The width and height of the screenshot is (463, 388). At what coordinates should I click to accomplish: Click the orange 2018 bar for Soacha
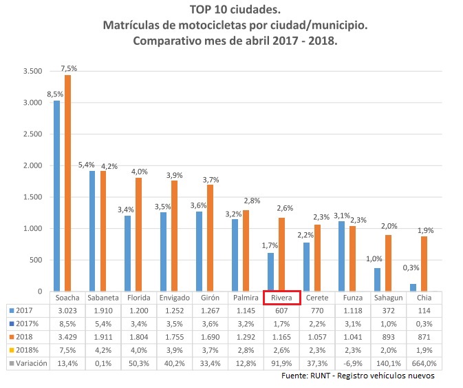tap(67, 183)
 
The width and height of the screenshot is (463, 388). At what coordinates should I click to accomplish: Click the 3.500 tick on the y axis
tap(32, 72)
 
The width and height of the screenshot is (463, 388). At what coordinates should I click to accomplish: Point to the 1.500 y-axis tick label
tap(32, 197)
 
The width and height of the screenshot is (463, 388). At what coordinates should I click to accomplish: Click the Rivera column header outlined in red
tap(281, 298)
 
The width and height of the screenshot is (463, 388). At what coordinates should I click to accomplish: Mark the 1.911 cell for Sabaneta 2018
tap(105, 337)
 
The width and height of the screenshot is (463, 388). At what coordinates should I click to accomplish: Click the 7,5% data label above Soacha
tap(69, 68)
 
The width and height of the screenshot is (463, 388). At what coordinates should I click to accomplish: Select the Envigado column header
tap(175, 298)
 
